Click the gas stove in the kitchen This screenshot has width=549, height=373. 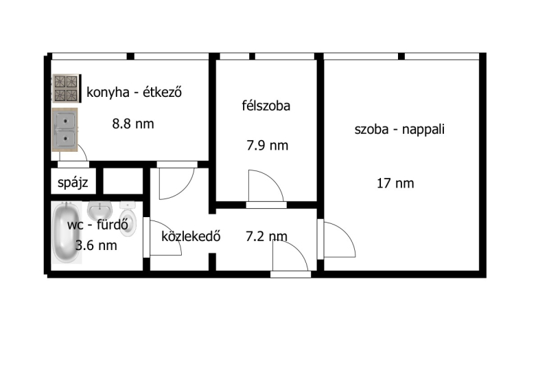click(x=67, y=89)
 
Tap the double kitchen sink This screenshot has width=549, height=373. click(x=65, y=130)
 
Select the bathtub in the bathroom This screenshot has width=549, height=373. click(x=67, y=232)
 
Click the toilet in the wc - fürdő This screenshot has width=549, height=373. click(x=127, y=218)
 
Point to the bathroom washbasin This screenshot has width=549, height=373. click(x=100, y=211)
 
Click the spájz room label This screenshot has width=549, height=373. click(x=73, y=183)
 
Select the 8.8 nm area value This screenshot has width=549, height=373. click(x=133, y=124)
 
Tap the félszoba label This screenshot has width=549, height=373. click(x=266, y=106)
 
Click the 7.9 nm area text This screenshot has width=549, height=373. click(x=268, y=145)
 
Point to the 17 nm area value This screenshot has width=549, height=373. click(x=395, y=183)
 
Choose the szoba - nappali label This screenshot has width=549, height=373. click(x=399, y=129)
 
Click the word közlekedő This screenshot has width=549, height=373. click(x=191, y=236)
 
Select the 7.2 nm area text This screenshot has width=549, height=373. click(x=267, y=236)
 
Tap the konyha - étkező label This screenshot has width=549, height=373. click(x=134, y=92)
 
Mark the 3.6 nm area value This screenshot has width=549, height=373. click(x=96, y=245)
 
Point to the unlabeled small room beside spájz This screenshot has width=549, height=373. click(x=124, y=181)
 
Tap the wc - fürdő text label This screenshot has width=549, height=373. click(x=97, y=225)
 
